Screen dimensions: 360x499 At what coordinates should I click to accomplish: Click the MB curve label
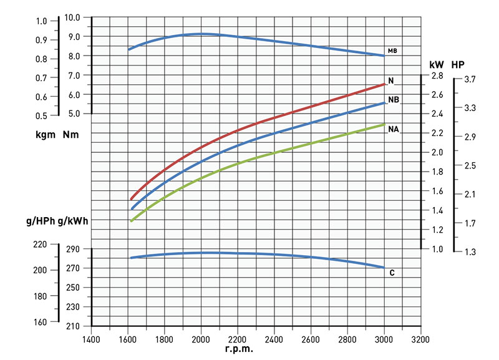click(392, 51)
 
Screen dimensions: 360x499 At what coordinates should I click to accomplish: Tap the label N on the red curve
click(390, 80)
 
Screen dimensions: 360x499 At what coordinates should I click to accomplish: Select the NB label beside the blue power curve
click(393, 100)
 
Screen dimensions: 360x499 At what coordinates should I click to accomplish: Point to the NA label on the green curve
click(393, 129)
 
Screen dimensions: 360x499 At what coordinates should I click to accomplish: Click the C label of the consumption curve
click(392, 273)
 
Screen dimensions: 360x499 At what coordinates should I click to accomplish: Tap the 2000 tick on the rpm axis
click(201, 340)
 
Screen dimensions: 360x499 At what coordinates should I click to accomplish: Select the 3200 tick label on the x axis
click(421, 340)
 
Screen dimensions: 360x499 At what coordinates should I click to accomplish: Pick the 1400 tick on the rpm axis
click(91, 340)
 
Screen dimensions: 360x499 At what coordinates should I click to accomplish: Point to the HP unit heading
click(458, 64)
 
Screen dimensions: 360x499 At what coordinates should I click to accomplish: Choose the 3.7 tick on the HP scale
click(470, 79)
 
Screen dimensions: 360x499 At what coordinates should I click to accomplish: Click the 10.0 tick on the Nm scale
click(73, 17)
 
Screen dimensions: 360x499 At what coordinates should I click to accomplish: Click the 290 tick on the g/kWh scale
click(74, 250)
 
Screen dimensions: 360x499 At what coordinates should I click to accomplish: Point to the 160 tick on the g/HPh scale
click(39, 322)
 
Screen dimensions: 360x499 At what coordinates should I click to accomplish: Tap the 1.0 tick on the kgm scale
click(41, 21)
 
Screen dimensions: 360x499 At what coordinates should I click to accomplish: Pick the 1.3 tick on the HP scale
click(470, 252)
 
